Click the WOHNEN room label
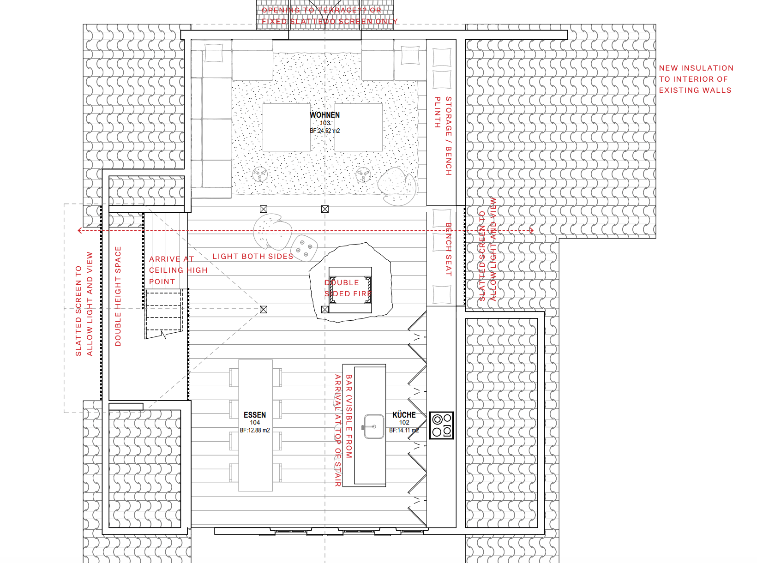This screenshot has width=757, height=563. pos(324,115)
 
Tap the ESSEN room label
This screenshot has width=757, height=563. pos(255,415)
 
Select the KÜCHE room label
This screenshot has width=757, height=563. pos(404,415)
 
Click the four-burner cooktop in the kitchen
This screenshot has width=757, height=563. pos(442,425)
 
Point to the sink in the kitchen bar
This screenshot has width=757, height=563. pos(373,426)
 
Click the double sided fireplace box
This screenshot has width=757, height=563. pos(350,290)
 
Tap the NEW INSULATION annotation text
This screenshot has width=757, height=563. pos(696,79)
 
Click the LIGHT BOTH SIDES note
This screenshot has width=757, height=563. pos(252,256)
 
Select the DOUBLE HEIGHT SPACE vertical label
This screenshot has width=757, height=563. pos(118,296)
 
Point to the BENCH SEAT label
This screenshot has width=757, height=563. pos(448,249)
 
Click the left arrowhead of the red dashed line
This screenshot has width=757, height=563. pos(80,230)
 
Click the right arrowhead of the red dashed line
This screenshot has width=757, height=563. pos(531,230)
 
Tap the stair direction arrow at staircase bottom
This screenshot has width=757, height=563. pos(163,334)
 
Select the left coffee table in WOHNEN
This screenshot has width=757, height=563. pos(286,127)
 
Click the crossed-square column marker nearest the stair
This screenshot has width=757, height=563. pos(264,309)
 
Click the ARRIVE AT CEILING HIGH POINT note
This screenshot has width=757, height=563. pos(178,270)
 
